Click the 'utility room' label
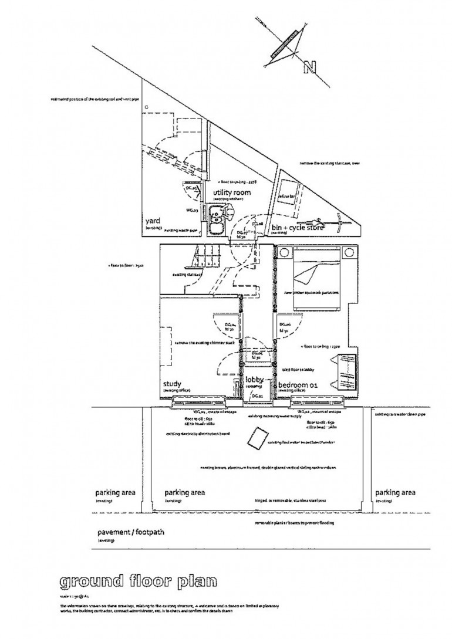(232, 192)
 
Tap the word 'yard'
(153, 221)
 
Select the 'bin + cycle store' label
(298, 226)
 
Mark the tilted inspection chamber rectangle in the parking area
(257, 437)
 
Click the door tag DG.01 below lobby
(257, 397)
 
